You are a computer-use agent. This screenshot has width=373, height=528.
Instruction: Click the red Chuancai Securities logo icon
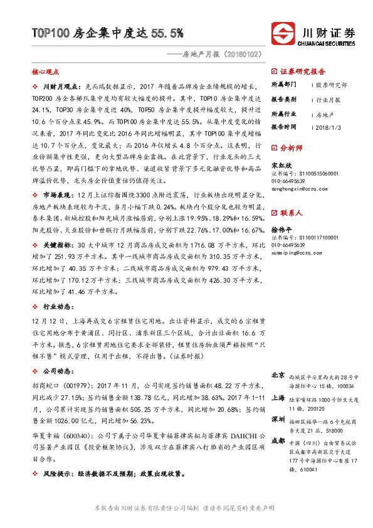[x=283, y=33]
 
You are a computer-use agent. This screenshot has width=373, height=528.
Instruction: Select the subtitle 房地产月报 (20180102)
[x=219, y=55]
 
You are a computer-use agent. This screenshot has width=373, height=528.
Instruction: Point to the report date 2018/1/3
[x=330, y=127]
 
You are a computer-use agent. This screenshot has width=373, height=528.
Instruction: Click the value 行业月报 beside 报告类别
[x=328, y=99]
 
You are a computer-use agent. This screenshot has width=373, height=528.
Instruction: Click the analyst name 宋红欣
[x=280, y=166]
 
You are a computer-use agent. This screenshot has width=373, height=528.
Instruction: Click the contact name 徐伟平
[x=280, y=230]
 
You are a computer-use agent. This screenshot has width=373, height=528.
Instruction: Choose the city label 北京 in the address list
[x=278, y=374]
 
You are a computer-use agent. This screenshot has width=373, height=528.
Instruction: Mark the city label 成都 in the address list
[x=278, y=441]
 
